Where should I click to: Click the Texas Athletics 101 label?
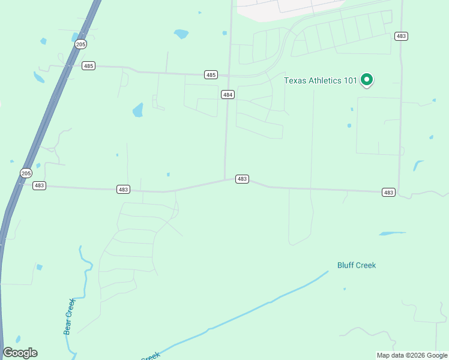coord(320,80)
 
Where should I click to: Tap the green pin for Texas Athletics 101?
coord(366,79)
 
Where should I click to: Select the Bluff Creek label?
coord(356,265)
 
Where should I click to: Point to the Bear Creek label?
coord(70,316)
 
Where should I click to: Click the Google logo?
coord(20,353)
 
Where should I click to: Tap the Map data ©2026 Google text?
coord(412,355)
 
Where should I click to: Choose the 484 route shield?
coord(227,95)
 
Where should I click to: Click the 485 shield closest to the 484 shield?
coord(210,75)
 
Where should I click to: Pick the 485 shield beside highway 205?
coord(89,65)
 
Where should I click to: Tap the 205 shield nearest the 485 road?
coord(80,44)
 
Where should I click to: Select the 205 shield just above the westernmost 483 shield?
coord(26,173)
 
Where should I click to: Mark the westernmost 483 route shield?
coord(39,186)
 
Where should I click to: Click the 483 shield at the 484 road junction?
coord(242,179)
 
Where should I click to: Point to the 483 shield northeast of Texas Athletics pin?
coord(402,37)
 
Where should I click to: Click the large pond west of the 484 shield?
coord(138,110)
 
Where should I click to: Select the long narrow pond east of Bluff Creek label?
coord(392,233)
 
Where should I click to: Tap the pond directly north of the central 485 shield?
coord(181,34)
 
